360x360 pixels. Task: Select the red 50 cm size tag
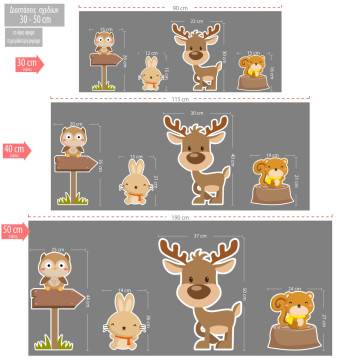point(13,231)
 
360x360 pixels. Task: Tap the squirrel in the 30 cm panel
point(255,67)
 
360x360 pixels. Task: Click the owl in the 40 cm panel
point(73,138)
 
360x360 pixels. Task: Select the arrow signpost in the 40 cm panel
point(72,164)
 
